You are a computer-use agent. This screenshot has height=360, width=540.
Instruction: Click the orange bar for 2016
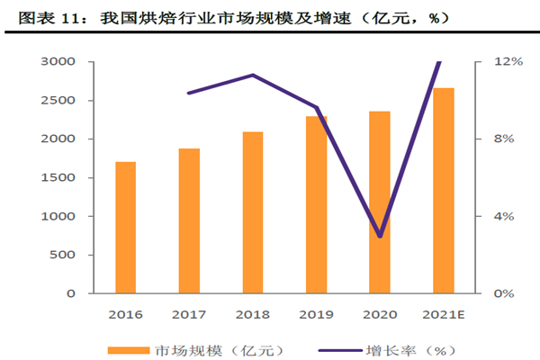(125, 228)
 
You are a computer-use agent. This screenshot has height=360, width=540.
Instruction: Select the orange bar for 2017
(189, 220)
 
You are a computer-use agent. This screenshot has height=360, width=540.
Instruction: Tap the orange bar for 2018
(253, 212)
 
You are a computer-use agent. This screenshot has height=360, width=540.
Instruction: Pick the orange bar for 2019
(316, 204)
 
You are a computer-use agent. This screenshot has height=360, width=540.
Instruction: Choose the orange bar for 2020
(380, 202)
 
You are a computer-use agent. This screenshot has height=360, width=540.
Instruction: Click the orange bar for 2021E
(444, 191)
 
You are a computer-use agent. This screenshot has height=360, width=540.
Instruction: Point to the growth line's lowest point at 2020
(380, 237)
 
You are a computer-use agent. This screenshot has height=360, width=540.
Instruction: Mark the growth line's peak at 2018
(253, 75)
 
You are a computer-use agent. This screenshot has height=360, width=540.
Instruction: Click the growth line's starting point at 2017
(189, 93)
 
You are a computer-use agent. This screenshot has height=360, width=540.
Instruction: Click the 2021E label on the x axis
(444, 314)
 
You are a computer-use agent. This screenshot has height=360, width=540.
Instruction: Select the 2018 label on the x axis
(253, 314)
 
